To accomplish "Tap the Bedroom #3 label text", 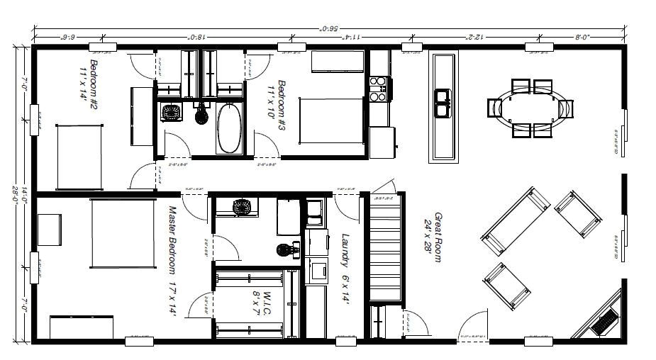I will click(x=277, y=100).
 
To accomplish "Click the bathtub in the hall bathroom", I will click(x=228, y=128).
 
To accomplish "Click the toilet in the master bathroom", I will click(x=286, y=249).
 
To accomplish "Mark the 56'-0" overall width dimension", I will click(x=330, y=29).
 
